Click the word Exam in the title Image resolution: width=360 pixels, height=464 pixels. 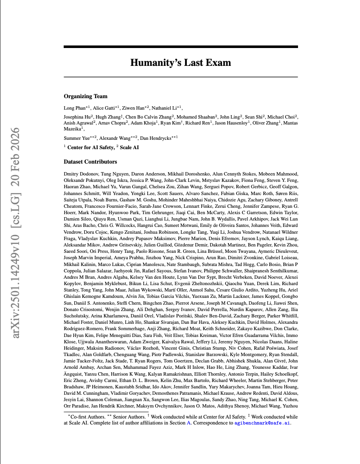click(217, 63)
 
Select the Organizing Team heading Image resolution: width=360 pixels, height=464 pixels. click(86, 96)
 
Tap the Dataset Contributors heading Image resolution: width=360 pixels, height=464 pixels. click(90, 162)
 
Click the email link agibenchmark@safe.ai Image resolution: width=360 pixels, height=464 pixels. click(262, 423)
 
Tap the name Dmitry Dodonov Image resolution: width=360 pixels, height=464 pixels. click(79, 174)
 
